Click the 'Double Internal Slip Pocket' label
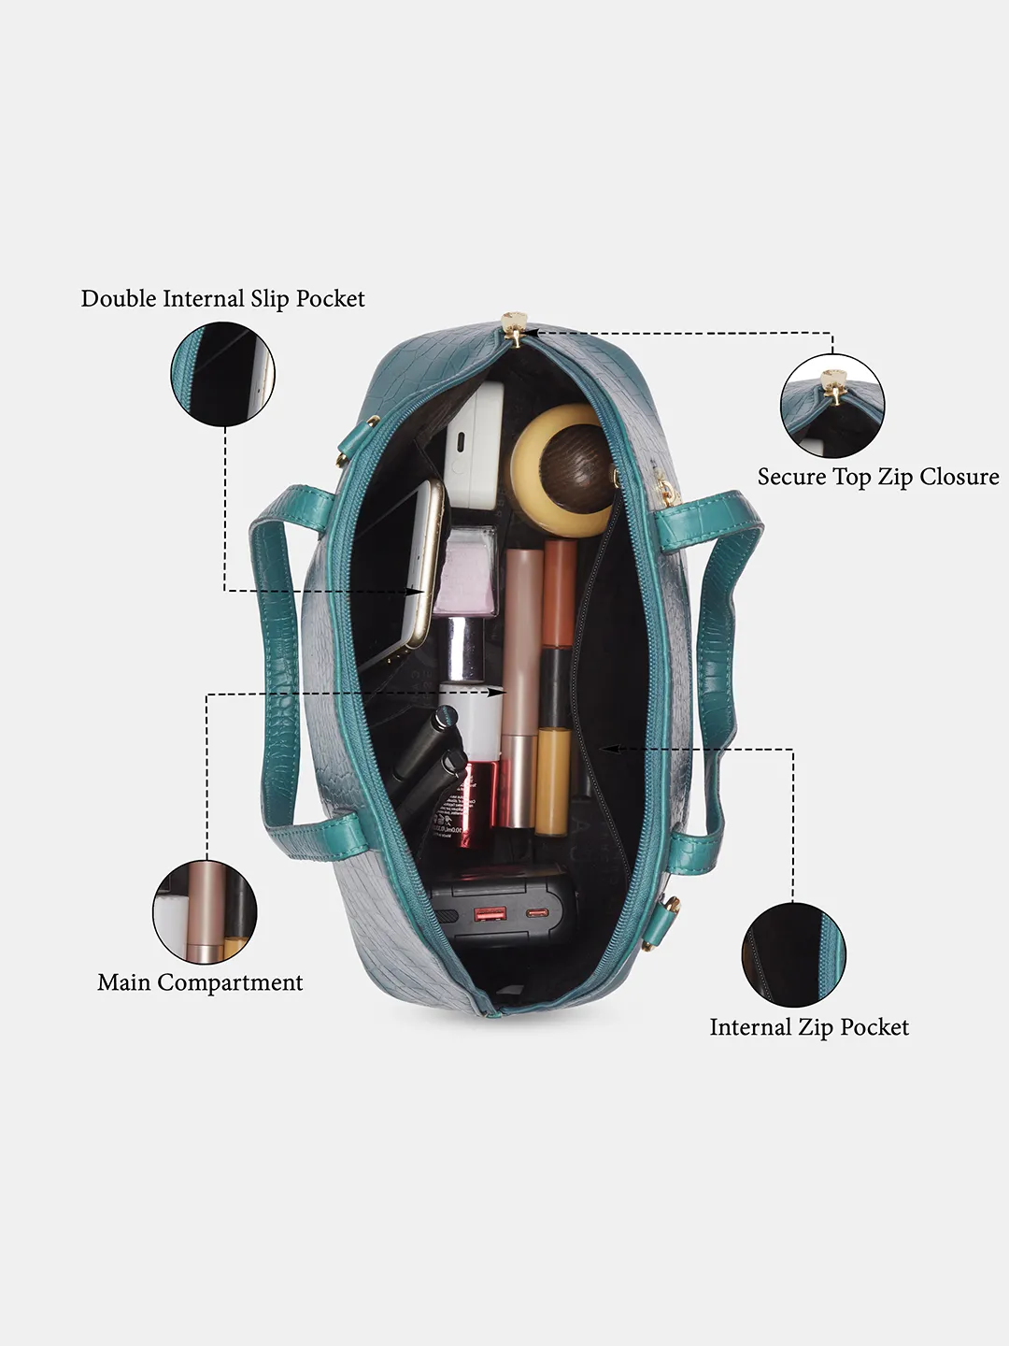pos(223,299)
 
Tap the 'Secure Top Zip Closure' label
pos(878,477)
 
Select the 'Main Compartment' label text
pos(200,983)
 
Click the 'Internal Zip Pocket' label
pos(809,1028)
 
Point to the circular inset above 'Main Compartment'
pos(205,912)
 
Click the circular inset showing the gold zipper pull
pos(831,406)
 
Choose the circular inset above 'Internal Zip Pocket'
pos(793,954)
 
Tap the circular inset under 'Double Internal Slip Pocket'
pos(223,374)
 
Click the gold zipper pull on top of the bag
pos(515,328)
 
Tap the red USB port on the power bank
pos(490,915)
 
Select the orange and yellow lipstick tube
pos(556,687)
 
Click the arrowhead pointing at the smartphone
pos(418,591)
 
